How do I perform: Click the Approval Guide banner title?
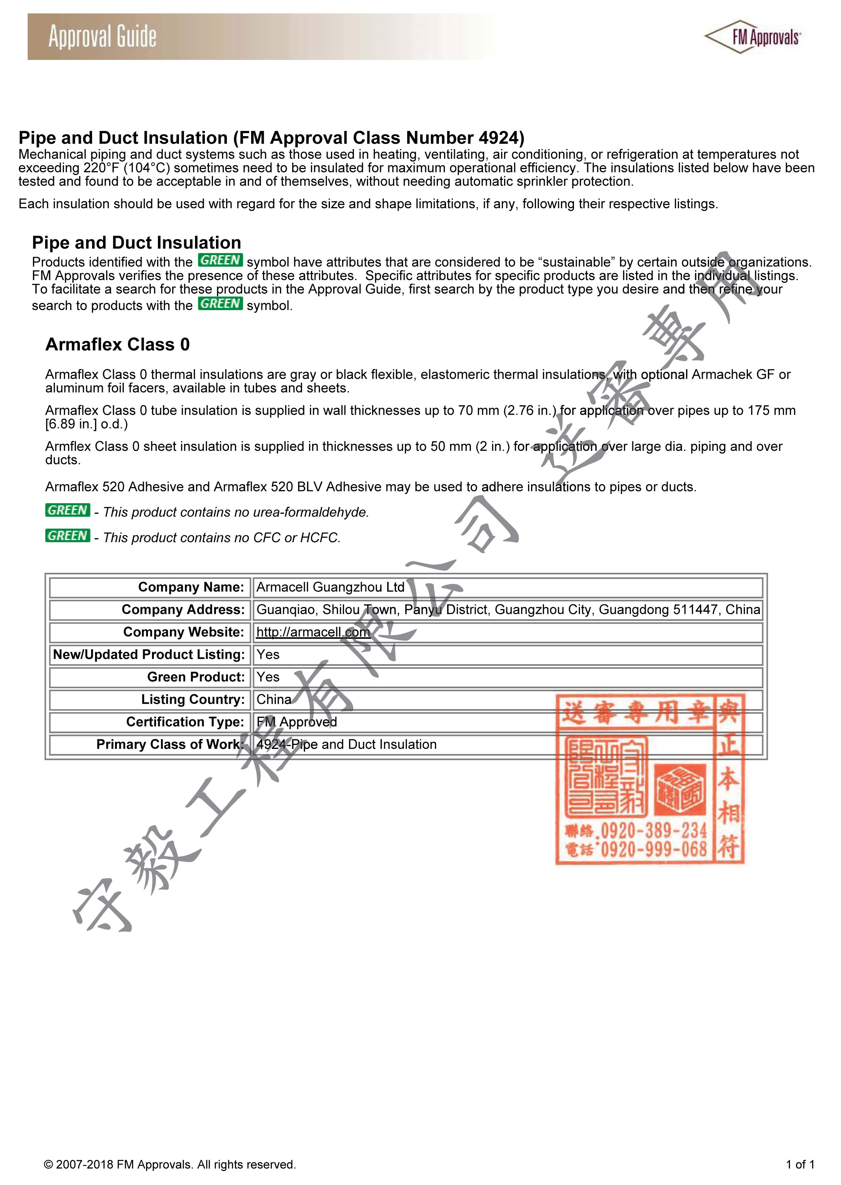point(102,37)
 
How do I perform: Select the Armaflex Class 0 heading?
point(118,344)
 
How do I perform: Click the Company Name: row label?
point(190,587)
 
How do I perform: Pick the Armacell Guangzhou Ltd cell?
point(330,587)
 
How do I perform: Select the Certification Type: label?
point(185,722)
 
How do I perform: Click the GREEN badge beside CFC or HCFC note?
point(67,536)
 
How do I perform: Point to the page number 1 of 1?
point(800,1165)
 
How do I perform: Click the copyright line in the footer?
point(170,1165)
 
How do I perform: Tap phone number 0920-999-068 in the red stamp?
point(653,850)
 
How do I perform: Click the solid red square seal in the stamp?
point(680,789)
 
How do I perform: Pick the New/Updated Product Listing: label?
point(149,655)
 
